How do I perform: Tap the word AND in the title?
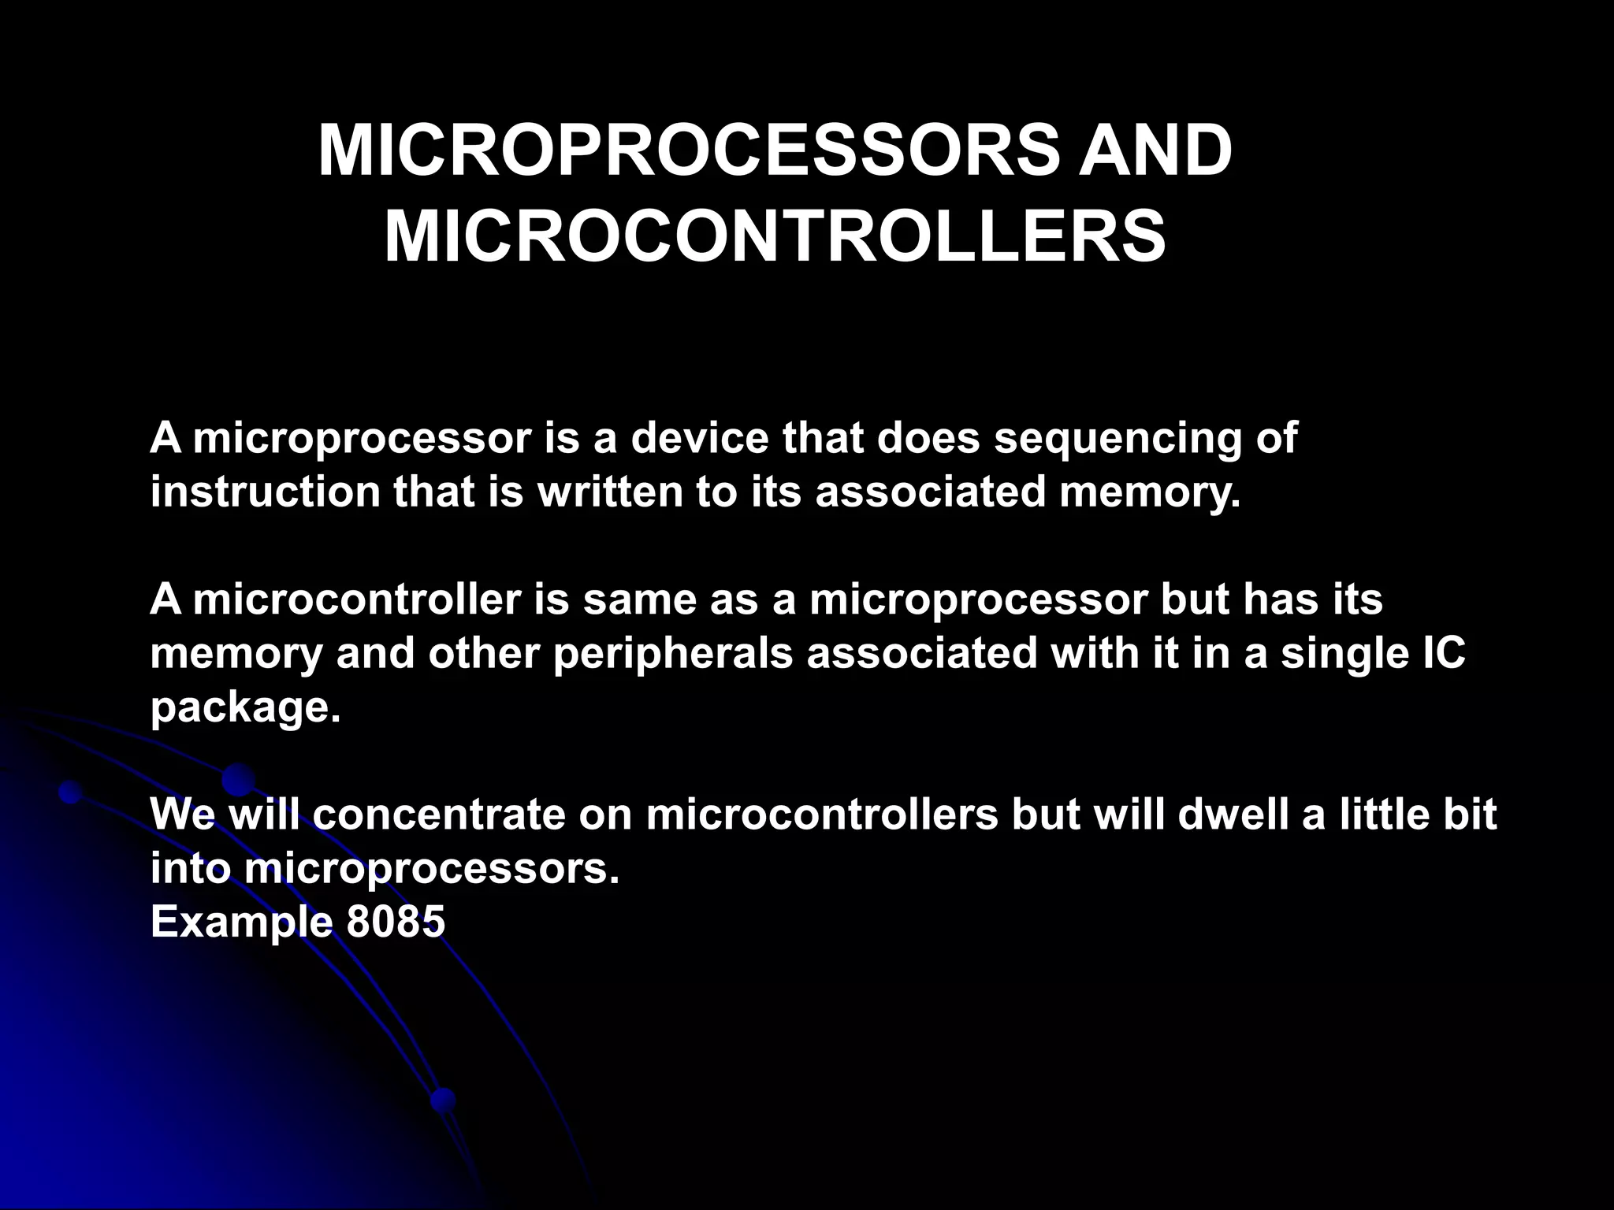(1155, 151)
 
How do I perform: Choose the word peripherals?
(672, 653)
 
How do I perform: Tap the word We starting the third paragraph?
(182, 815)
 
